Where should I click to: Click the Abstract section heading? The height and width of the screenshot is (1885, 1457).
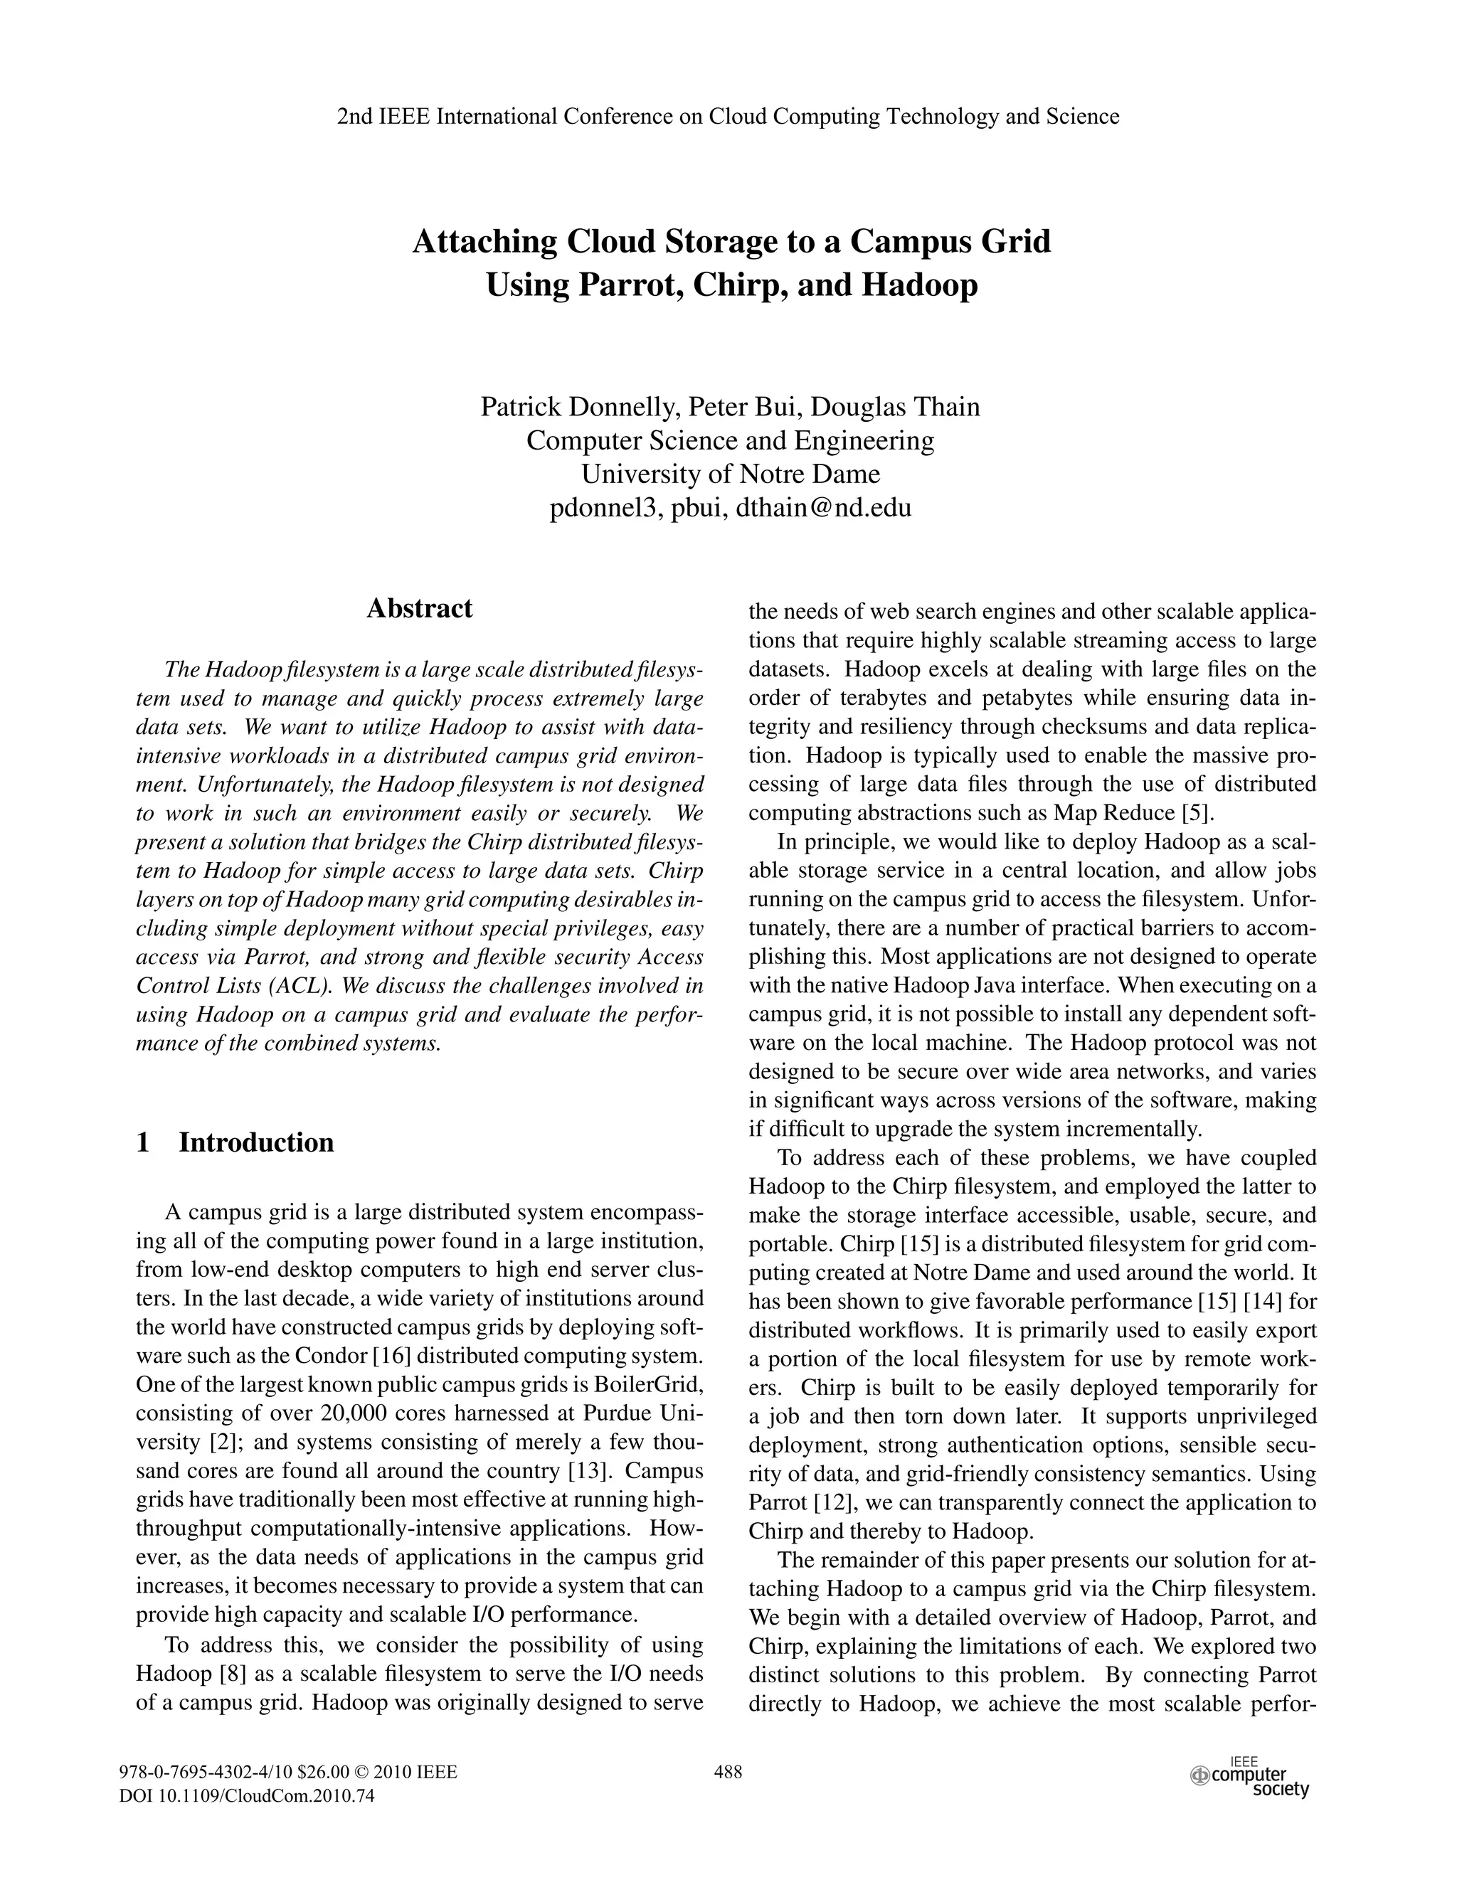(420, 608)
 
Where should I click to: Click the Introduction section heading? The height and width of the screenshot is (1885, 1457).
(255, 1142)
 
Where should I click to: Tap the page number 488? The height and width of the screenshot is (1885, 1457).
(728, 1773)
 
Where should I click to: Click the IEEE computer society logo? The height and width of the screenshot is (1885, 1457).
(1251, 1778)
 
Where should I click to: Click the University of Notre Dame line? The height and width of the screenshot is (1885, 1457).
(730, 474)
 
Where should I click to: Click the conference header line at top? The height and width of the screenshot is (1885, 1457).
(728, 117)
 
